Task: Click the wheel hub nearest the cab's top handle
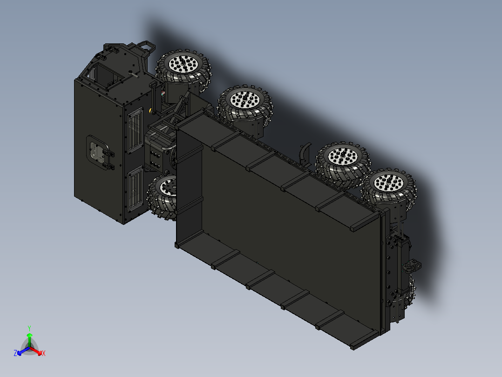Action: coord(183,64)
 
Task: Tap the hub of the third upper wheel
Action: coord(342,155)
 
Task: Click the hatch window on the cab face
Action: coord(97,152)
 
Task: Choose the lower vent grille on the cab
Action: coord(134,190)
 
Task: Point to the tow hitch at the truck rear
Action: coord(412,266)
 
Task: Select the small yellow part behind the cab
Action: coord(151,111)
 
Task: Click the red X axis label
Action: coord(44,354)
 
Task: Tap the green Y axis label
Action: coord(29,328)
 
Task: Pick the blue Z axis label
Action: coord(15,354)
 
